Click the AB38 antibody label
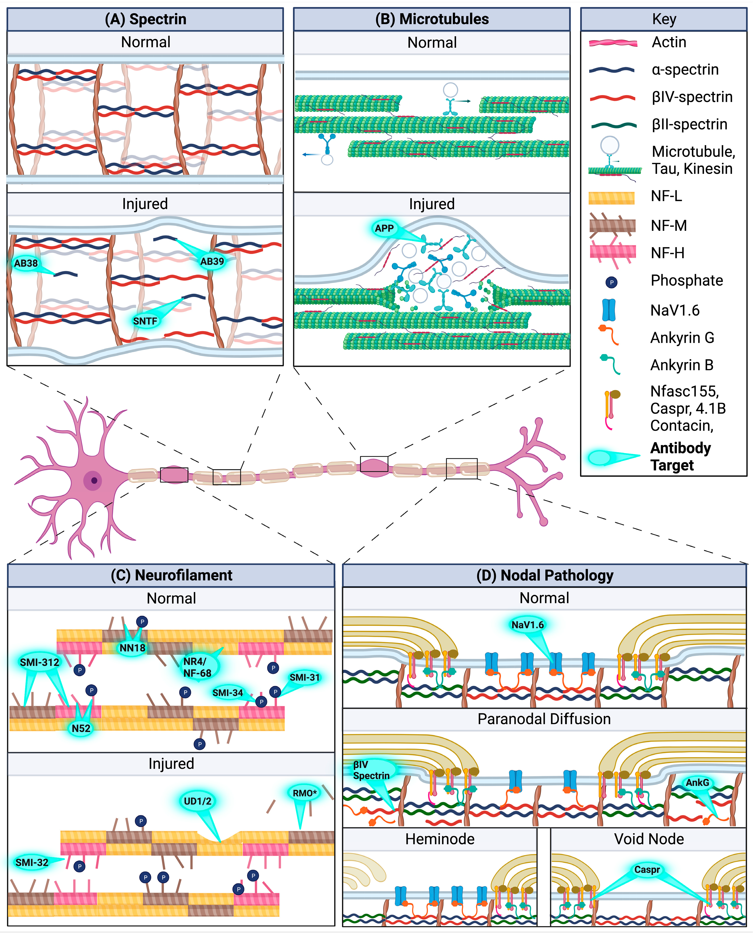26,263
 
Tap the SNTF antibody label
145,321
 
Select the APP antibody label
384,228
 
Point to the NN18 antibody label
132,648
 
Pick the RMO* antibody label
304,793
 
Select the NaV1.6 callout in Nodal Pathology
527,625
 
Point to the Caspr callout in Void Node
647,870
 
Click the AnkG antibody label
697,783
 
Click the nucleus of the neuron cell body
94,481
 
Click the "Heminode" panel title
440,839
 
